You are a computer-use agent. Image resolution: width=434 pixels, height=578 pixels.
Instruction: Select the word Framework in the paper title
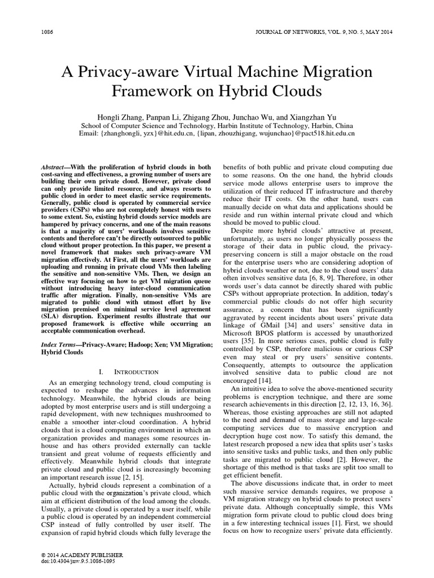147,91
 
